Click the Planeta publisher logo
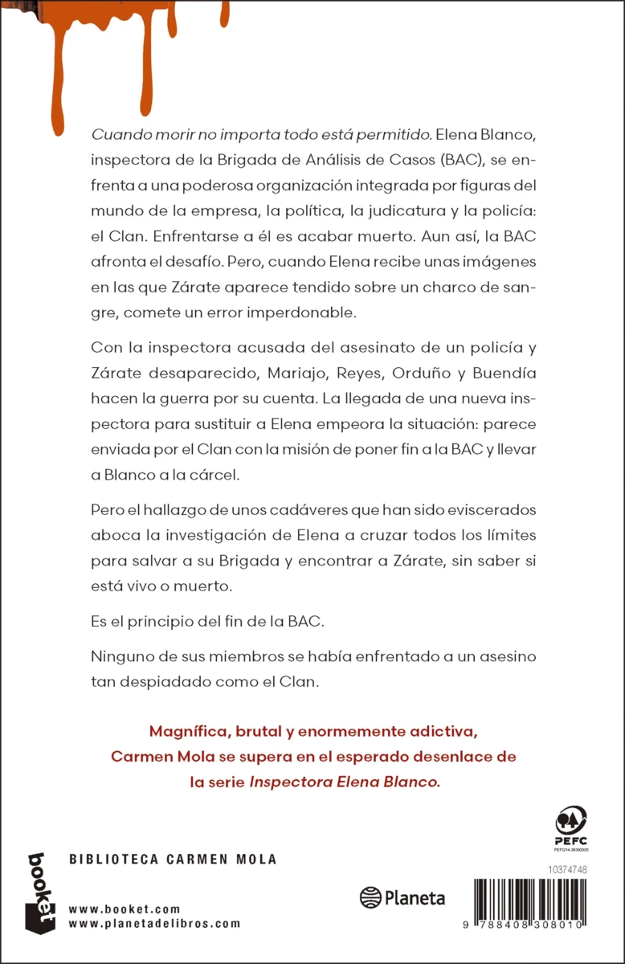(402, 898)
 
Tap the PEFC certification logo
(571, 828)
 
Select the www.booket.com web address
(124, 909)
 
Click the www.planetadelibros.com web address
(154, 923)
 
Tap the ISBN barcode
(536, 906)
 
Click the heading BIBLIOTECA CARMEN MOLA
(173, 860)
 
